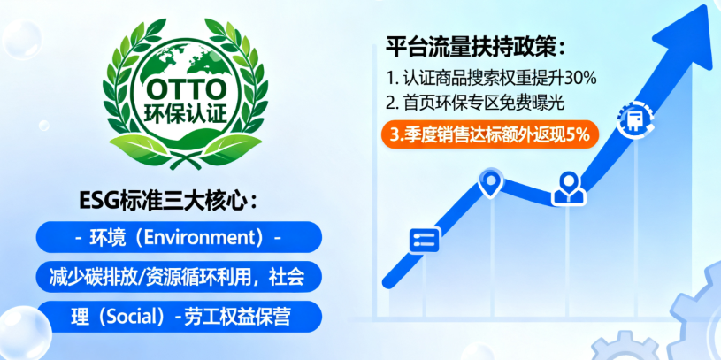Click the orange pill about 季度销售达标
pos(490,134)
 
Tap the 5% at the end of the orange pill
pos(579,134)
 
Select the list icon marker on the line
pos(425,240)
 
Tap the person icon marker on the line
pos(566,187)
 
